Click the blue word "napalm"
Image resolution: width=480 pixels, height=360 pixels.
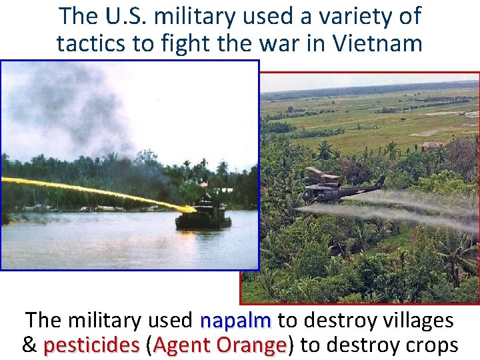pos(235,321)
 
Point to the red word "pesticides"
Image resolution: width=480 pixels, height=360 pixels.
pos(91,345)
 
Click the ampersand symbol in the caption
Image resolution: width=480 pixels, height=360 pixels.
pos(29,345)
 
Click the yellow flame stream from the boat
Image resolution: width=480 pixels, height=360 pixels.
pos(100,190)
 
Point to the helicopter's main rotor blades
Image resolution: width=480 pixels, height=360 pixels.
pos(323,174)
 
